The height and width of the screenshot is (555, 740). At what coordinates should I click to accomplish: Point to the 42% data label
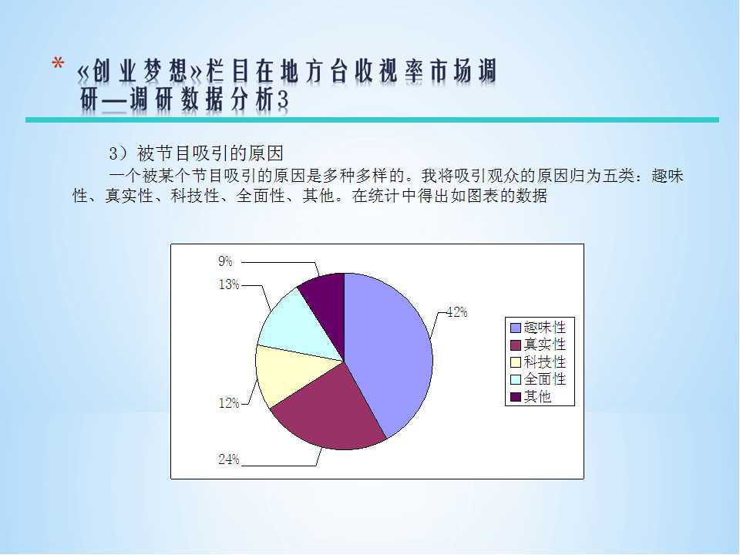pos(457,312)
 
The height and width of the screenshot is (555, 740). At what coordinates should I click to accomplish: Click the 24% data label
pos(229,459)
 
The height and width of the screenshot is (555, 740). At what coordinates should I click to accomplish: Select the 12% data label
pos(229,403)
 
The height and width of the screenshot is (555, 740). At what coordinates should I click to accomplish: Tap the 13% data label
pos(229,284)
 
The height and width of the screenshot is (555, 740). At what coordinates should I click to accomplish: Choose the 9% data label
pos(225,261)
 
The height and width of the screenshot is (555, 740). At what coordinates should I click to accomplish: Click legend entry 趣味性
pos(539,327)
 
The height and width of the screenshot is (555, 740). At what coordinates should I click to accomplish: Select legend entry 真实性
pos(539,345)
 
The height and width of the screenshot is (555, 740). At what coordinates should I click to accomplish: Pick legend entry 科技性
pos(539,362)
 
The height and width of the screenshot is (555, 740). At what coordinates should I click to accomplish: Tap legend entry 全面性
pos(539,379)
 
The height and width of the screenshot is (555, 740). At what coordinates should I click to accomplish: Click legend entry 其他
pos(531,396)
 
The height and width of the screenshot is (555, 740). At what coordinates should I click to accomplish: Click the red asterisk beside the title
pos(58,64)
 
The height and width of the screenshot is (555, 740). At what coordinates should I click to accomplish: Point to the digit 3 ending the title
pos(282,99)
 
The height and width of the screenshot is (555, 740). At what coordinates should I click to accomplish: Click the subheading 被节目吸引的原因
pos(210,153)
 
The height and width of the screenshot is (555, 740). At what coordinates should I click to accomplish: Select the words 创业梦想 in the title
pos(140,72)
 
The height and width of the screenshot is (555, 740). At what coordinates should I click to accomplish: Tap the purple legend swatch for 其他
pos(516,397)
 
